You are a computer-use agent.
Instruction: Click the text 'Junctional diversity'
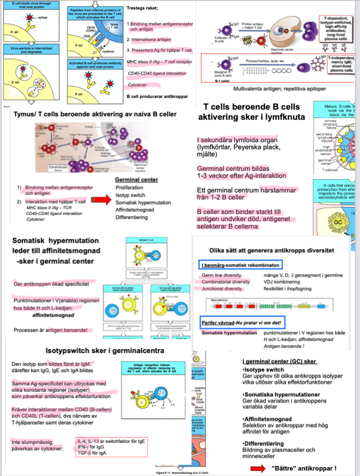[222, 289]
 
